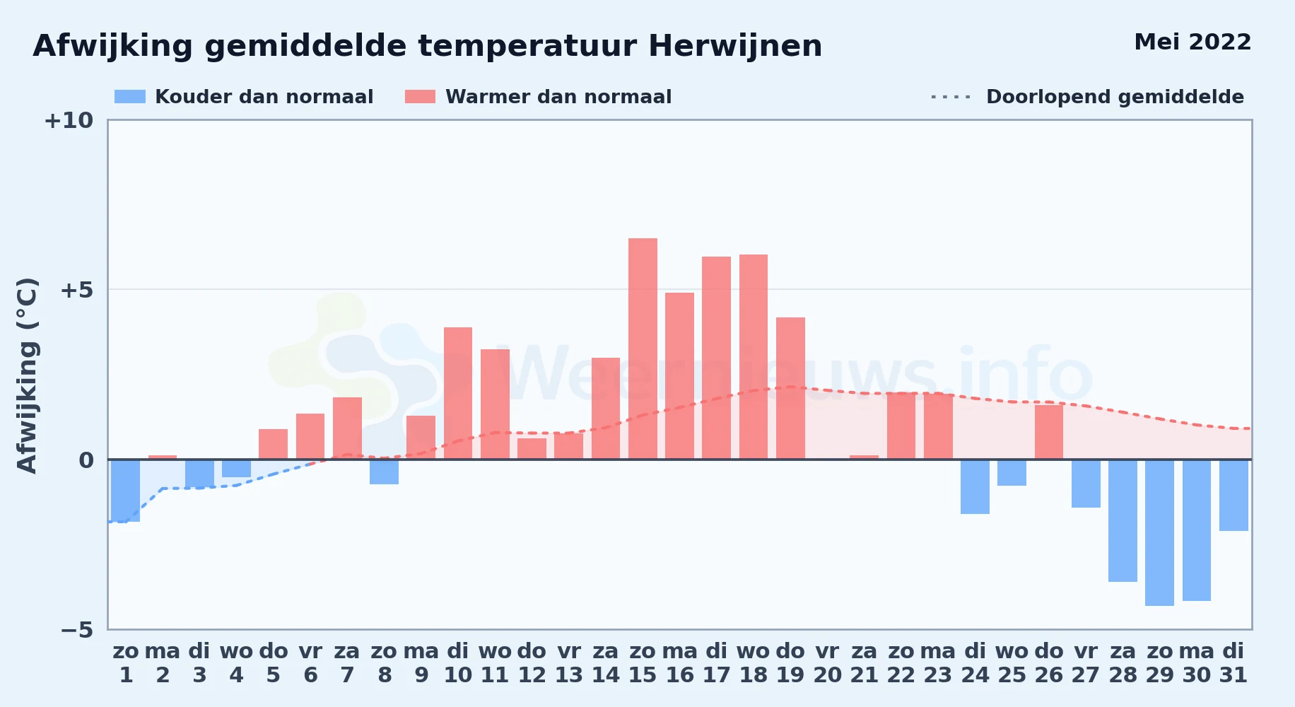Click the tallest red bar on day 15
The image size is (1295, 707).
[643, 349]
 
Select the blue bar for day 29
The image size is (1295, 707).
[1159, 532]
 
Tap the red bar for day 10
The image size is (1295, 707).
[458, 393]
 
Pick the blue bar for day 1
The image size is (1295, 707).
[126, 491]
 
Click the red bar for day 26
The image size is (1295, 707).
[1049, 432]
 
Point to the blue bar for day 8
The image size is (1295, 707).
[384, 472]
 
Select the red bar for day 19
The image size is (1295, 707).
[790, 388]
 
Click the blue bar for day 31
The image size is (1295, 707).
[1234, 495]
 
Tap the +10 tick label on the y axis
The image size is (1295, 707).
[69, 120]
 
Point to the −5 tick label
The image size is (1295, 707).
[76, 629]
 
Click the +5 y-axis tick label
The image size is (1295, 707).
[76, 290]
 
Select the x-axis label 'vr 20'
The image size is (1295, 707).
[827, 663]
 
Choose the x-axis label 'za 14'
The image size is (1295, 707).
[606, 663]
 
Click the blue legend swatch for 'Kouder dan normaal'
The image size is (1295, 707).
[130, 97]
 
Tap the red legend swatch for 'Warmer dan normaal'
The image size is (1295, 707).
[420, 97]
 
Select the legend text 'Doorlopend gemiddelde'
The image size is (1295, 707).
[1115, 97]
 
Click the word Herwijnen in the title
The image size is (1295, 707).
[735, 47]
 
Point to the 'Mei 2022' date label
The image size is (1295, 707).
[1193, 42]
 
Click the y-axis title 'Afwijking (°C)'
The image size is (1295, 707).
[27, 375]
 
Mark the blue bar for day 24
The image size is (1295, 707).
[975, 486]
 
